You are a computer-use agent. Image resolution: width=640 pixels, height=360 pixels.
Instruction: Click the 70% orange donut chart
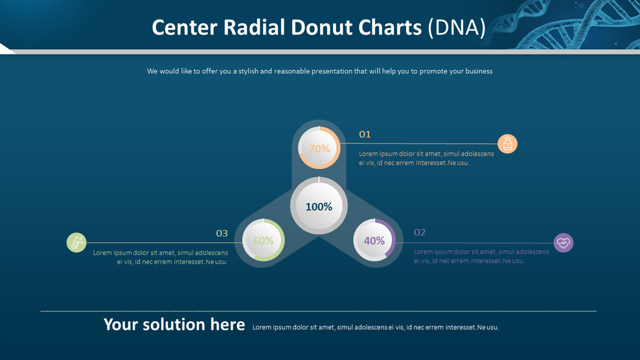point(319,148)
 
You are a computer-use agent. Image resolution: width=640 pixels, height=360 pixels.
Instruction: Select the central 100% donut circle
point(319,207)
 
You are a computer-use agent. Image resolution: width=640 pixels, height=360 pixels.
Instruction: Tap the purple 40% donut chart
point(374,241)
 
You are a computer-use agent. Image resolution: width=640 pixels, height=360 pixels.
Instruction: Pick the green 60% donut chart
point(263,241)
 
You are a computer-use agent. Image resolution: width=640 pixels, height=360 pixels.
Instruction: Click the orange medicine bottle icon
point(507,144)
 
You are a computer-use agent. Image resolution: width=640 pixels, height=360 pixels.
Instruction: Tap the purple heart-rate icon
point(564,243)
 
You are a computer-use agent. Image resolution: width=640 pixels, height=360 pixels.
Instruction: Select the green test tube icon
point(76,243)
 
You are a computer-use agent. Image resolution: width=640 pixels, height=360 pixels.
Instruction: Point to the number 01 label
point(365,135)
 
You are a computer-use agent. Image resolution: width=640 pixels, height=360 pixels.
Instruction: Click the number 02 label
point(420,232)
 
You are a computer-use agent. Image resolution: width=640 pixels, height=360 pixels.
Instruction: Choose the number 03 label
point(222,233)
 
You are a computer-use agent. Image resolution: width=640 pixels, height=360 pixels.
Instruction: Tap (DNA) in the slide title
point(457,28)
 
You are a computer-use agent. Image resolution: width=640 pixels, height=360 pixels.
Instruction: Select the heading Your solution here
point(174,324)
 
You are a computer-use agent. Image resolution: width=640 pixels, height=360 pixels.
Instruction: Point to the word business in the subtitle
point(477,71)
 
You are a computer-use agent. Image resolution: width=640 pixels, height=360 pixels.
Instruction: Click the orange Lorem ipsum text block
point(426,159)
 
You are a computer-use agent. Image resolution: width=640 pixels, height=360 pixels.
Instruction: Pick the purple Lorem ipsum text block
point(481,256)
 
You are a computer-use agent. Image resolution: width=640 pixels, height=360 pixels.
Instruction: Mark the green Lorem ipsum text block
point(161,257)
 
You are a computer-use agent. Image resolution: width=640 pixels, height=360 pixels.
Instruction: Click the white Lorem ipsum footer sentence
point(376,328)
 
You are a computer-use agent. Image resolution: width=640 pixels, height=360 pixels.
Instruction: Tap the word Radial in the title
point(254,28)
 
